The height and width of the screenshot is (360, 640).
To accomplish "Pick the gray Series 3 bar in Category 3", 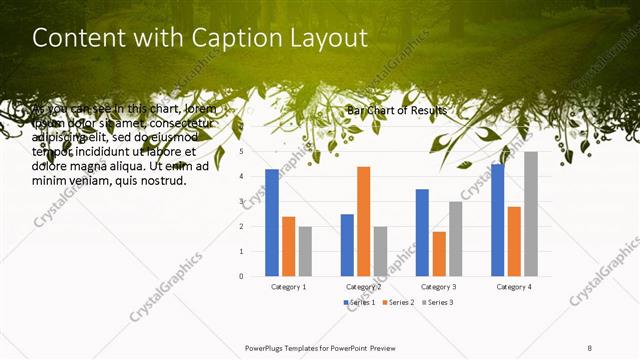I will [455, 239].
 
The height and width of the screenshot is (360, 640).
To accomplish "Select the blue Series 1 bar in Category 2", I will [347, 245].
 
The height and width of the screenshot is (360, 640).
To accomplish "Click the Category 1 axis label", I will [288, 287].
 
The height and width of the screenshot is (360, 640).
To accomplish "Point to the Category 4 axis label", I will [514, 287].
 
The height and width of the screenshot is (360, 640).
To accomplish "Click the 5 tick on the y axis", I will [242, 152].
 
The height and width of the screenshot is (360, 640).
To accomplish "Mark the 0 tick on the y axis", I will [242, 276].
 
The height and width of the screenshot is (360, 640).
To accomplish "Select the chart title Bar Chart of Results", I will [398, 110].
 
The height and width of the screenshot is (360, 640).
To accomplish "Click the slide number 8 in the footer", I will [590, 348].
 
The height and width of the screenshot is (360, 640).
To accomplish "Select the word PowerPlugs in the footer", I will [267, 348].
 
